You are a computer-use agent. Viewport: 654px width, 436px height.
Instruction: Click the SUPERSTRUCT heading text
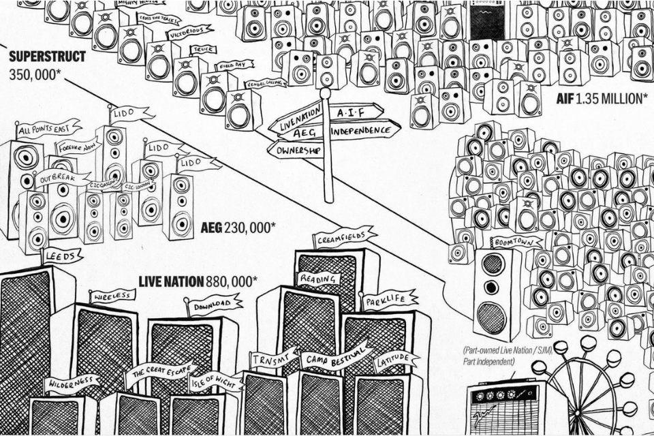[x=47, y=57]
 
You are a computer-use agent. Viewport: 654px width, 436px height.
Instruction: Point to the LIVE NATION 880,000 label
[x=198, y=281]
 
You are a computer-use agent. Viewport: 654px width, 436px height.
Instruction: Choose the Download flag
[x=215, y=305]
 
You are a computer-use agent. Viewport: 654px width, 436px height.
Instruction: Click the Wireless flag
[x=112, y=296]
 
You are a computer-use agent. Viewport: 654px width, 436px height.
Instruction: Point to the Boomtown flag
[x=516, y=242]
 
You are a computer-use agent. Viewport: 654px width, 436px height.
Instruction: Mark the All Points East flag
[x=48, y=128]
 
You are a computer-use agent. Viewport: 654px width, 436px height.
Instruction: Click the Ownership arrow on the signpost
[x=295, y=149]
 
